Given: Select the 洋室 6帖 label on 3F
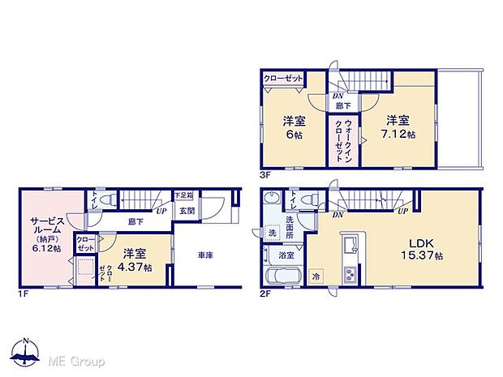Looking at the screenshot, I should (293, 127).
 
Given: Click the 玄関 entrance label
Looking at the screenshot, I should (186, 210).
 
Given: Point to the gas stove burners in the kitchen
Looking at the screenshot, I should (350, 272).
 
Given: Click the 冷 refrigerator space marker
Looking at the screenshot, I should (316, 277).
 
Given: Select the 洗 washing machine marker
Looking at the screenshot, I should (273, 233).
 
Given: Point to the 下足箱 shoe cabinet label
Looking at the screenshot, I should (185, 195).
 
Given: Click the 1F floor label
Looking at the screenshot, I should (24, 294).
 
